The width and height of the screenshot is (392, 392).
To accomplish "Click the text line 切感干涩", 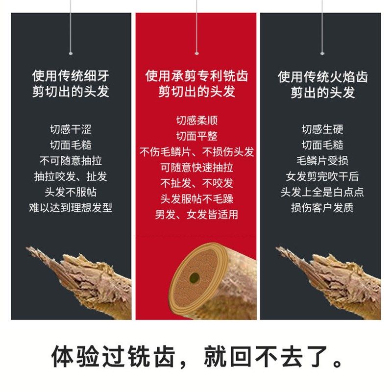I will (71, 130).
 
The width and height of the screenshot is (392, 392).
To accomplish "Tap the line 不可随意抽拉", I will (71, 161).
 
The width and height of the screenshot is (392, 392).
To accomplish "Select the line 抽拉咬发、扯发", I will (71, 176).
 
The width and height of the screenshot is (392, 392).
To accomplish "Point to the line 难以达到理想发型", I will (71, 208).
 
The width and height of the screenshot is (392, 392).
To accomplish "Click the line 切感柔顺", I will (196, 121).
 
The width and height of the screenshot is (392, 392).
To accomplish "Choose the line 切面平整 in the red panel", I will (196, 136).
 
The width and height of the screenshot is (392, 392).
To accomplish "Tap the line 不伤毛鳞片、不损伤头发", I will (196, 152).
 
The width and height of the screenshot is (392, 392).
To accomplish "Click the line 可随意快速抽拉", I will (196, 168).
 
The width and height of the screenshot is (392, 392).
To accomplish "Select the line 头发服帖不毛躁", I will (196, 199).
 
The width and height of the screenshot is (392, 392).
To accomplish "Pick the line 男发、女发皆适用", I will (196, 215).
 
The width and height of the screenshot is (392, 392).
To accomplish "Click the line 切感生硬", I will (322, 130).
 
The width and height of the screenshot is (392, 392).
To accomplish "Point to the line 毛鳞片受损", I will (322, 161).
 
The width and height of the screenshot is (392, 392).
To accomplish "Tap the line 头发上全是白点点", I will (322, 192).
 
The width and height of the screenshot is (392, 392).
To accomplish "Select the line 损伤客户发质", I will (322, 208).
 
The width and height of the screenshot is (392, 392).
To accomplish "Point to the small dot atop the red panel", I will (196, 53).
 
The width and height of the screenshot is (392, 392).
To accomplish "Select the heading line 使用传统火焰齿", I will (322, 77).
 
